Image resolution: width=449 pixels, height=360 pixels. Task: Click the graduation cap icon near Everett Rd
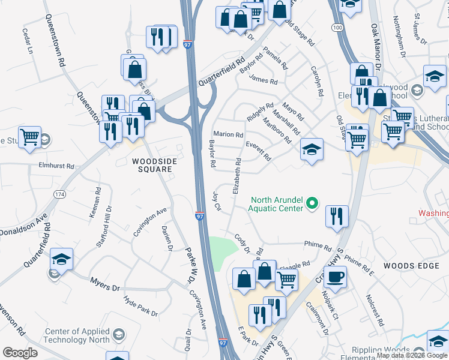(x=312, y=149)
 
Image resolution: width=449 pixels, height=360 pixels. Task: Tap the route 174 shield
(x=59, y=194)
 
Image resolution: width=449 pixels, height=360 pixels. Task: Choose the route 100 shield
(x=337, y=28)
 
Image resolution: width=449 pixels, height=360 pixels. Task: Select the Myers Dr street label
(x=105, y=284)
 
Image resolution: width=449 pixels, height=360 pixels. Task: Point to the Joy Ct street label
(x=217, y=200)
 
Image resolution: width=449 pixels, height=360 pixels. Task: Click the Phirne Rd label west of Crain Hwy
(x=318, y=246)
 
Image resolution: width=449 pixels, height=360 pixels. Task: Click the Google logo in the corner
(x=20, y=353)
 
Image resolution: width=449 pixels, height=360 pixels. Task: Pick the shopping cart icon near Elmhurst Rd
(x=29, y=137)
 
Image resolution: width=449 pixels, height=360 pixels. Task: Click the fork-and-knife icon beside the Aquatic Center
(x=337, y=216)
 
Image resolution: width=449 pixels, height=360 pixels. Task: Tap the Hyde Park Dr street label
(x=140, y=305)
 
